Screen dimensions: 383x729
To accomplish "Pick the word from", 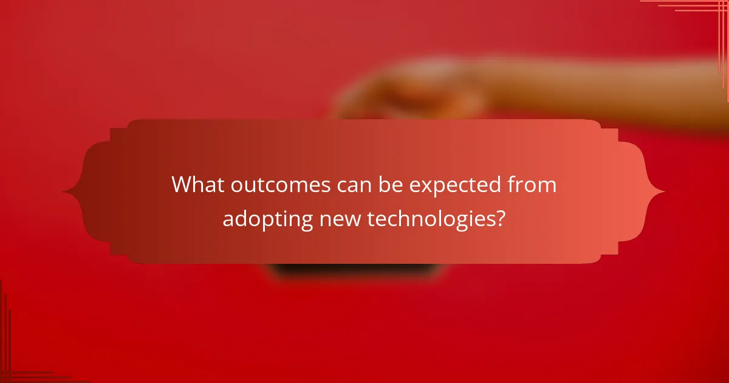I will pyautogui.click(x=532, y=185).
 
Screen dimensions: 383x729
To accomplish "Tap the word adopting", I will pyautogui.click(x=267, y=219).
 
